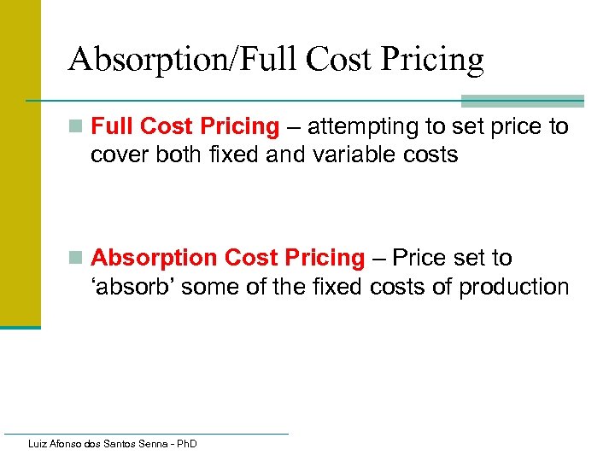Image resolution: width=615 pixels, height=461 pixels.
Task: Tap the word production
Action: tap(513, 287)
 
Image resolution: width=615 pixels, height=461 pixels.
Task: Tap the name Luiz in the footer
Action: tap(38, 445)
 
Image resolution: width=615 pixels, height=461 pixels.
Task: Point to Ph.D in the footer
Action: tap(184, 445)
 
